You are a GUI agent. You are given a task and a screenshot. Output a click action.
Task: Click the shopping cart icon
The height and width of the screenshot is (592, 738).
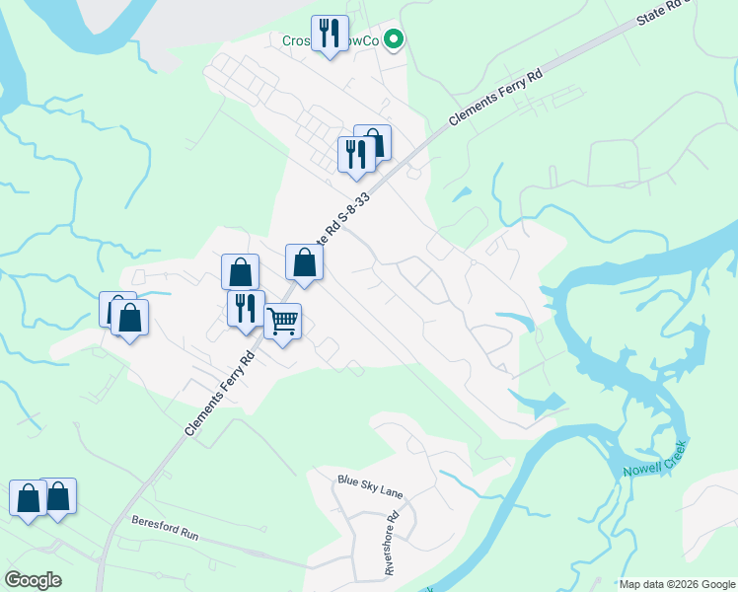283,322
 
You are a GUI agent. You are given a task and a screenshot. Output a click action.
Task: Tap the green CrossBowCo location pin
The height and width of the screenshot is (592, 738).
394,40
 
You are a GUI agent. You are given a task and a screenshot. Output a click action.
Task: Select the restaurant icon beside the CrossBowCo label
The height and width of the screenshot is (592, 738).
329,34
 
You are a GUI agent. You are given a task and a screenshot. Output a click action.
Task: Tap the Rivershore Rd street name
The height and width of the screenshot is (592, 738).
391,543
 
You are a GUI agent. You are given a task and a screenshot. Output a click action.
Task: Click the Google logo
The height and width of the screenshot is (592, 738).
33,580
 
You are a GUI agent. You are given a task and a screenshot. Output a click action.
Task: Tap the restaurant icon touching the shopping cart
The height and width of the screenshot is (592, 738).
246,308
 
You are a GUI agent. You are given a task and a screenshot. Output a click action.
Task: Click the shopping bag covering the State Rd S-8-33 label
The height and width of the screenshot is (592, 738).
304,262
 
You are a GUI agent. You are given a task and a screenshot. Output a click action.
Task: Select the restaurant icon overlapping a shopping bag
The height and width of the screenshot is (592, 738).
355,154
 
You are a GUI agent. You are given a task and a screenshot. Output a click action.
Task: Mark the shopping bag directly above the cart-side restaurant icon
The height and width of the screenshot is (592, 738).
240,271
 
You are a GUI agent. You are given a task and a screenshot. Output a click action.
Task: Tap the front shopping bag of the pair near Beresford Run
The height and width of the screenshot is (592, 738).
28,498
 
